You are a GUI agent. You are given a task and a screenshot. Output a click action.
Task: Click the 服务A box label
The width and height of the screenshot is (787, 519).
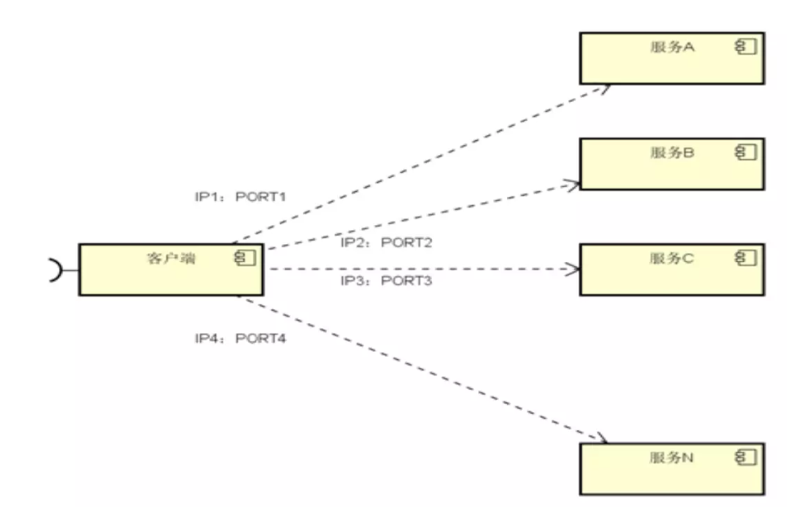click(x=672, y=47)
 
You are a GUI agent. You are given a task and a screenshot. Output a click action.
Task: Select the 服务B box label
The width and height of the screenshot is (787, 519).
click(x=672, y=153)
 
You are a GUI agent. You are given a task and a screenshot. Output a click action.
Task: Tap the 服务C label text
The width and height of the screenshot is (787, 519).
click(x=672, y=259)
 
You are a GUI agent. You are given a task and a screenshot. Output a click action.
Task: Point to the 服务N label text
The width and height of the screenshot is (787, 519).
click(x=672, y=458)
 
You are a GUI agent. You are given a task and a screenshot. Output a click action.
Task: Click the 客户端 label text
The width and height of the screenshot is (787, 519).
click(x=171, y=259)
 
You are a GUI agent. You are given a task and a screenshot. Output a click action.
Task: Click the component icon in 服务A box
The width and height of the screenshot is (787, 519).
click(x=746, y=47)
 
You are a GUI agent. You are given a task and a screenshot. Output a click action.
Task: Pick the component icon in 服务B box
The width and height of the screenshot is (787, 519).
click(x=746, y=152)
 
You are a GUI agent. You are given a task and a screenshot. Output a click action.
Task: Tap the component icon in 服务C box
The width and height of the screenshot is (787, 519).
click(x=746, y=258)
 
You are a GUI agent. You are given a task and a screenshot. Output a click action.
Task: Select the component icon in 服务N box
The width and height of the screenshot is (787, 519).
click(x=746, y=457)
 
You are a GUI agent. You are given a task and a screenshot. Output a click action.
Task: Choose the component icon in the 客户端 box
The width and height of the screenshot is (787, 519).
click(x=245, y=258)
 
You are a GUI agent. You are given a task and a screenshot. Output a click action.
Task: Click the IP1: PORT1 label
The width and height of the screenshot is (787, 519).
click(x=240, y=197)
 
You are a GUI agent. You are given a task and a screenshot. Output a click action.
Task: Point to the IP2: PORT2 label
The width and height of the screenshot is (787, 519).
click(x=386, y=243)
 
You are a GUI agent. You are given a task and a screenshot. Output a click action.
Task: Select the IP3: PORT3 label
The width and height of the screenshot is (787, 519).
click(x=386, y=281)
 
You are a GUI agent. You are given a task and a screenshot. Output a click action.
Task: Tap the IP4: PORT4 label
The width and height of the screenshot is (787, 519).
click(x=240, y=339)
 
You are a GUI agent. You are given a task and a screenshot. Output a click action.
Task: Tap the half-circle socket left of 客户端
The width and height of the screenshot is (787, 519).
click(x=56, y=270)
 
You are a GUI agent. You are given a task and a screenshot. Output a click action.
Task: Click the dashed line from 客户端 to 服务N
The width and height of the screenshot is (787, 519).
click(x=423, y=370)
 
